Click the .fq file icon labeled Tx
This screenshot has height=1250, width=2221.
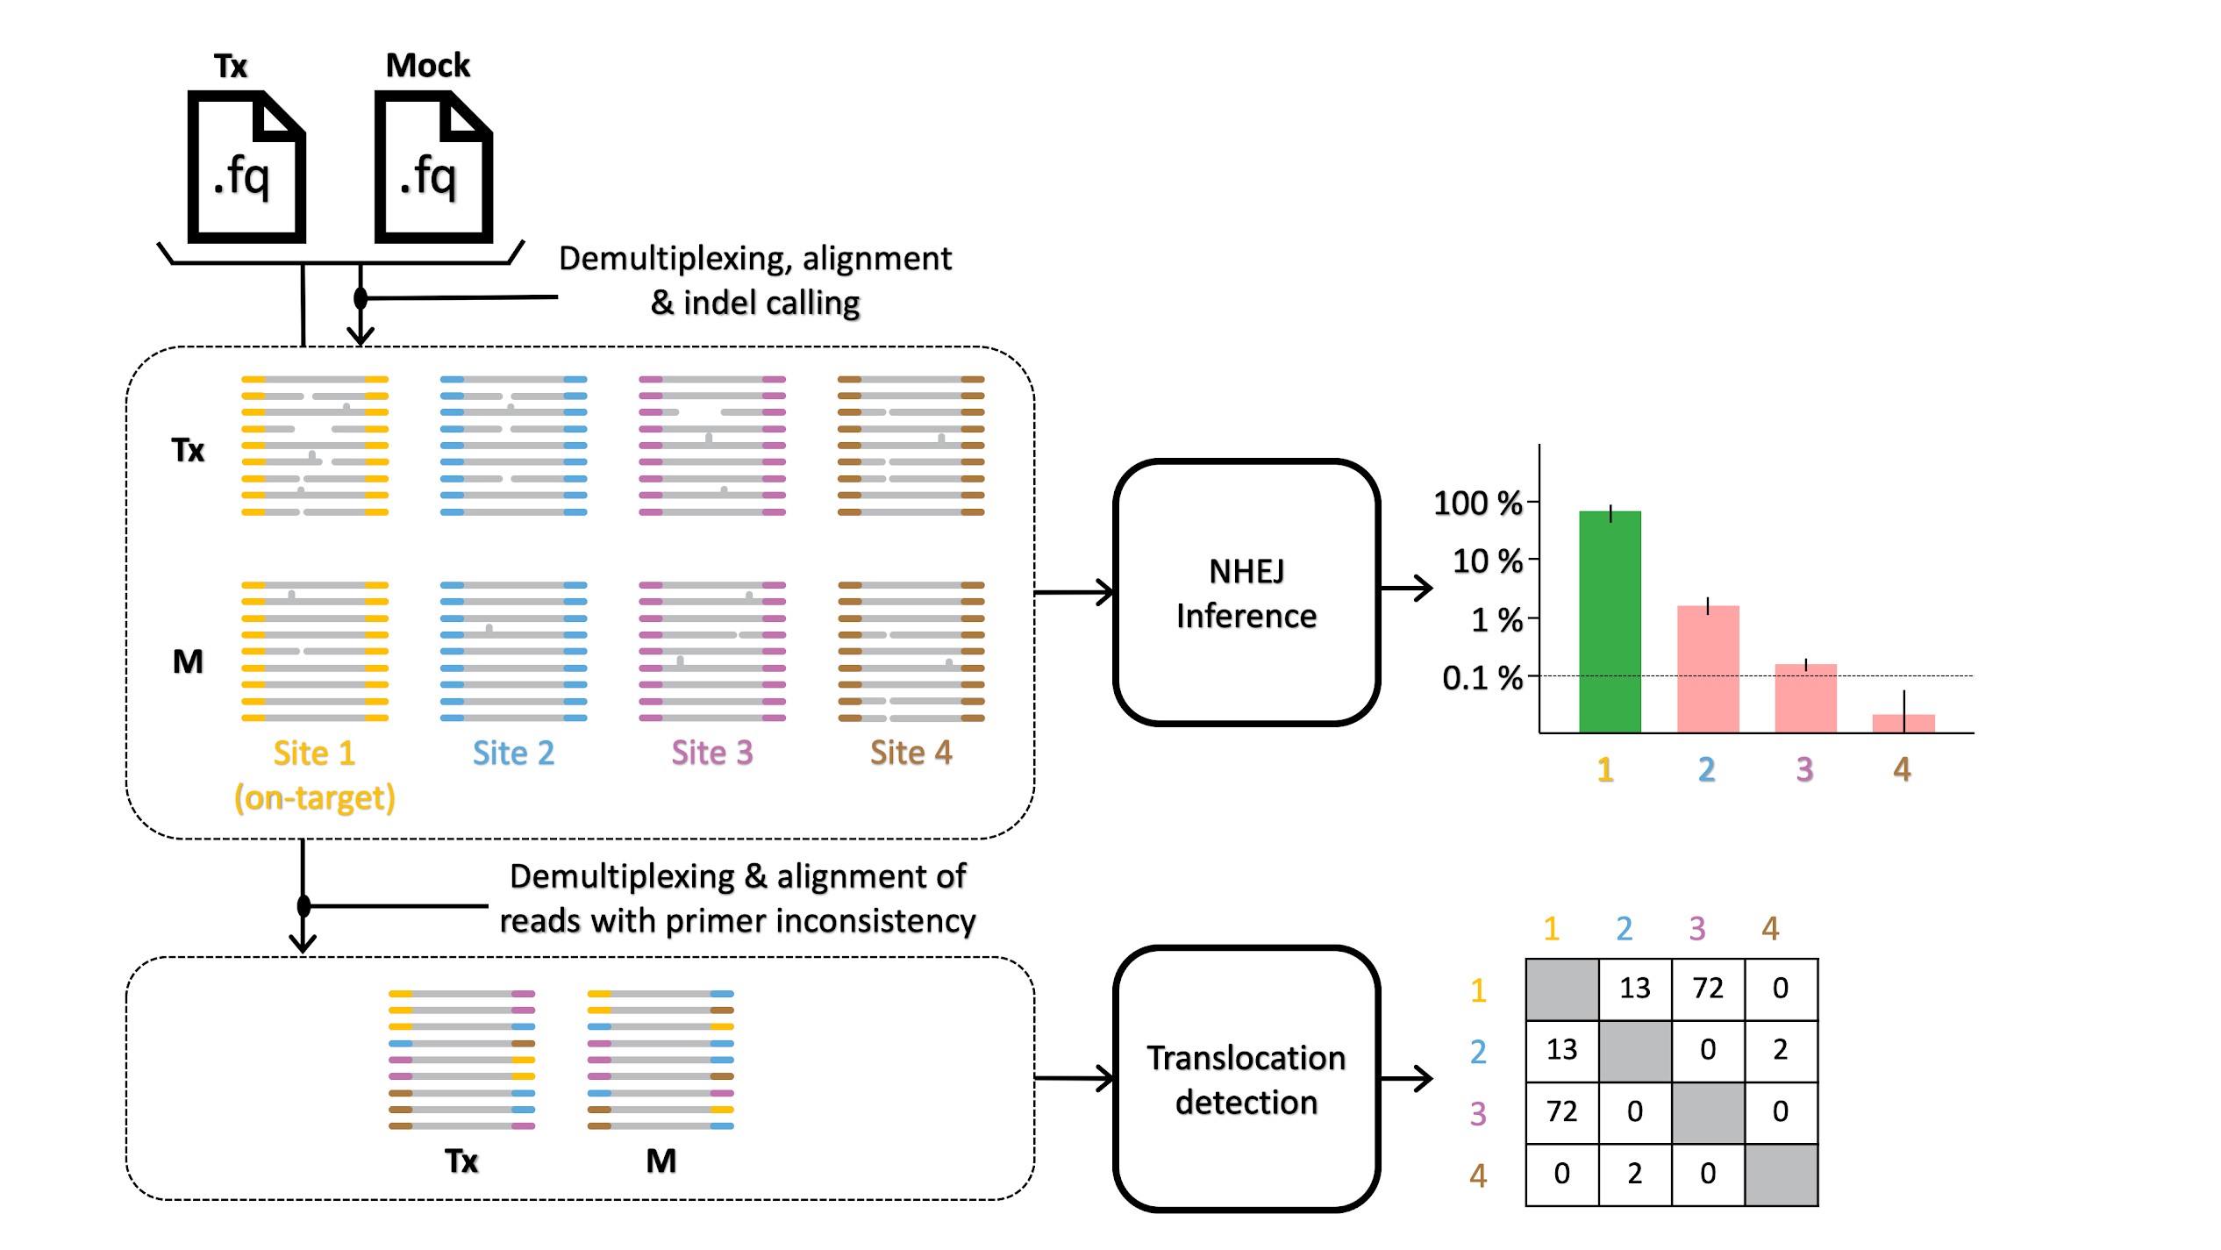click(x=246, y=167)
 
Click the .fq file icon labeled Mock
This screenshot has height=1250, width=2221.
click(x=433, y=167)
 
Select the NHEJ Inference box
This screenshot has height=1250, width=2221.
click(x=1246, y=593)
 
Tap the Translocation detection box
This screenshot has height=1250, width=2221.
click(x=1246, y=1079)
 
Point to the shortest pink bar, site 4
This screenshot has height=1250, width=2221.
click(x=1903, y=723)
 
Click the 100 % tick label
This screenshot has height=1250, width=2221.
click(x=1477, y=504)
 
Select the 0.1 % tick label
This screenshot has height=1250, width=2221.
click(x=1482, y=678)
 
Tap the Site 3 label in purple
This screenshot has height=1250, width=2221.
click(x=711, y=753)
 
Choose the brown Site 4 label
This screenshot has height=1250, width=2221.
click(x=911, y=753)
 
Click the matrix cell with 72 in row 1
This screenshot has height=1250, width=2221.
click(x=1708, y=989)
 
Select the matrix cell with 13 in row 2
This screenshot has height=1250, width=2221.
click(x=1561, y=1050)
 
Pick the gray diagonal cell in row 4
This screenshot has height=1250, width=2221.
click(x=1781, y=1174)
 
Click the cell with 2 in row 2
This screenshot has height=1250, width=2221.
click(x=1781, y=1050)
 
